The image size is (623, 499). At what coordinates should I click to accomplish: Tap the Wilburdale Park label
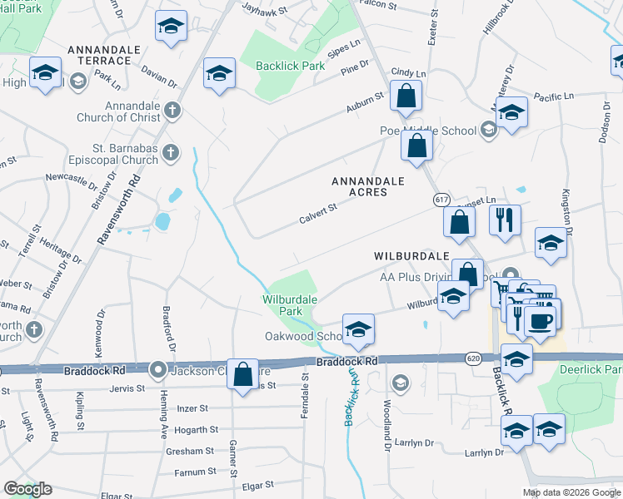click(x=282, y=304)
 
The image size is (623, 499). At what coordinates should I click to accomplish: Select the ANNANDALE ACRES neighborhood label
click(x=367, y=186)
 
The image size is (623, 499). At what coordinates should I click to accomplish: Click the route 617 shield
click(x=441, y=200)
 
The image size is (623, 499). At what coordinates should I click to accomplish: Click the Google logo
click(x=27, y=489)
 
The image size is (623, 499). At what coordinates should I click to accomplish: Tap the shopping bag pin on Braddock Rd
click(x=243, y=374)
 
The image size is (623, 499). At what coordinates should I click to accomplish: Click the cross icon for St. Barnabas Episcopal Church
click(x=170, y=152)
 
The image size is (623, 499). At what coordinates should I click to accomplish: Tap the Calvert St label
click(x=316, y=214)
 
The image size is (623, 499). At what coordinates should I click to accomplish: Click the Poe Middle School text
click(x=428, y=131)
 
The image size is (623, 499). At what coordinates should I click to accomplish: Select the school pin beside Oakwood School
click(x=358, y=330)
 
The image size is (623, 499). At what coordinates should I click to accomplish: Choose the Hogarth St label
click(x=197, y=430)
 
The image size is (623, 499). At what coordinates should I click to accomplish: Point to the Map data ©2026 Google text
click(x=571, y=492)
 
